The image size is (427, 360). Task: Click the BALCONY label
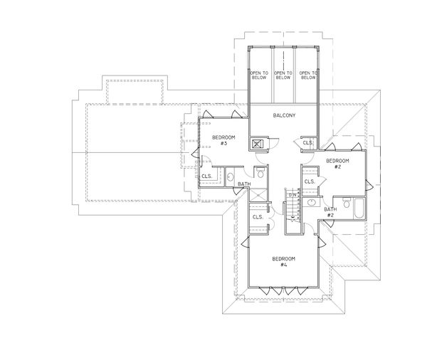pyautogui.click(x=284, y=115)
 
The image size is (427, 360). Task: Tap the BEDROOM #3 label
pyautogui.click(x=220, y=139)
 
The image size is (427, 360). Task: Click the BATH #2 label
pyautogui.click(x=330, y=211)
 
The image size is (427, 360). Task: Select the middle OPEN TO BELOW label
pyautogui.click(x=283, y=77)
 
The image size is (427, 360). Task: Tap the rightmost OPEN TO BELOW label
pyautogui.click(x=308, y=77)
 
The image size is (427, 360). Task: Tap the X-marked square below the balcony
pyautogui.click(x=258, y=143)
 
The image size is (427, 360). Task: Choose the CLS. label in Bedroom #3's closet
pyautogui.click(x=207, y=176)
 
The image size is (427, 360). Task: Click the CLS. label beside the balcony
pyautogui.click(x=307, y=142)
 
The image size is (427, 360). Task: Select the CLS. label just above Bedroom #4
pyautogui.click(x=258, y=216)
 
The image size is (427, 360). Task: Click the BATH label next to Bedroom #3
pyautogui.click(x=244, y=184)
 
